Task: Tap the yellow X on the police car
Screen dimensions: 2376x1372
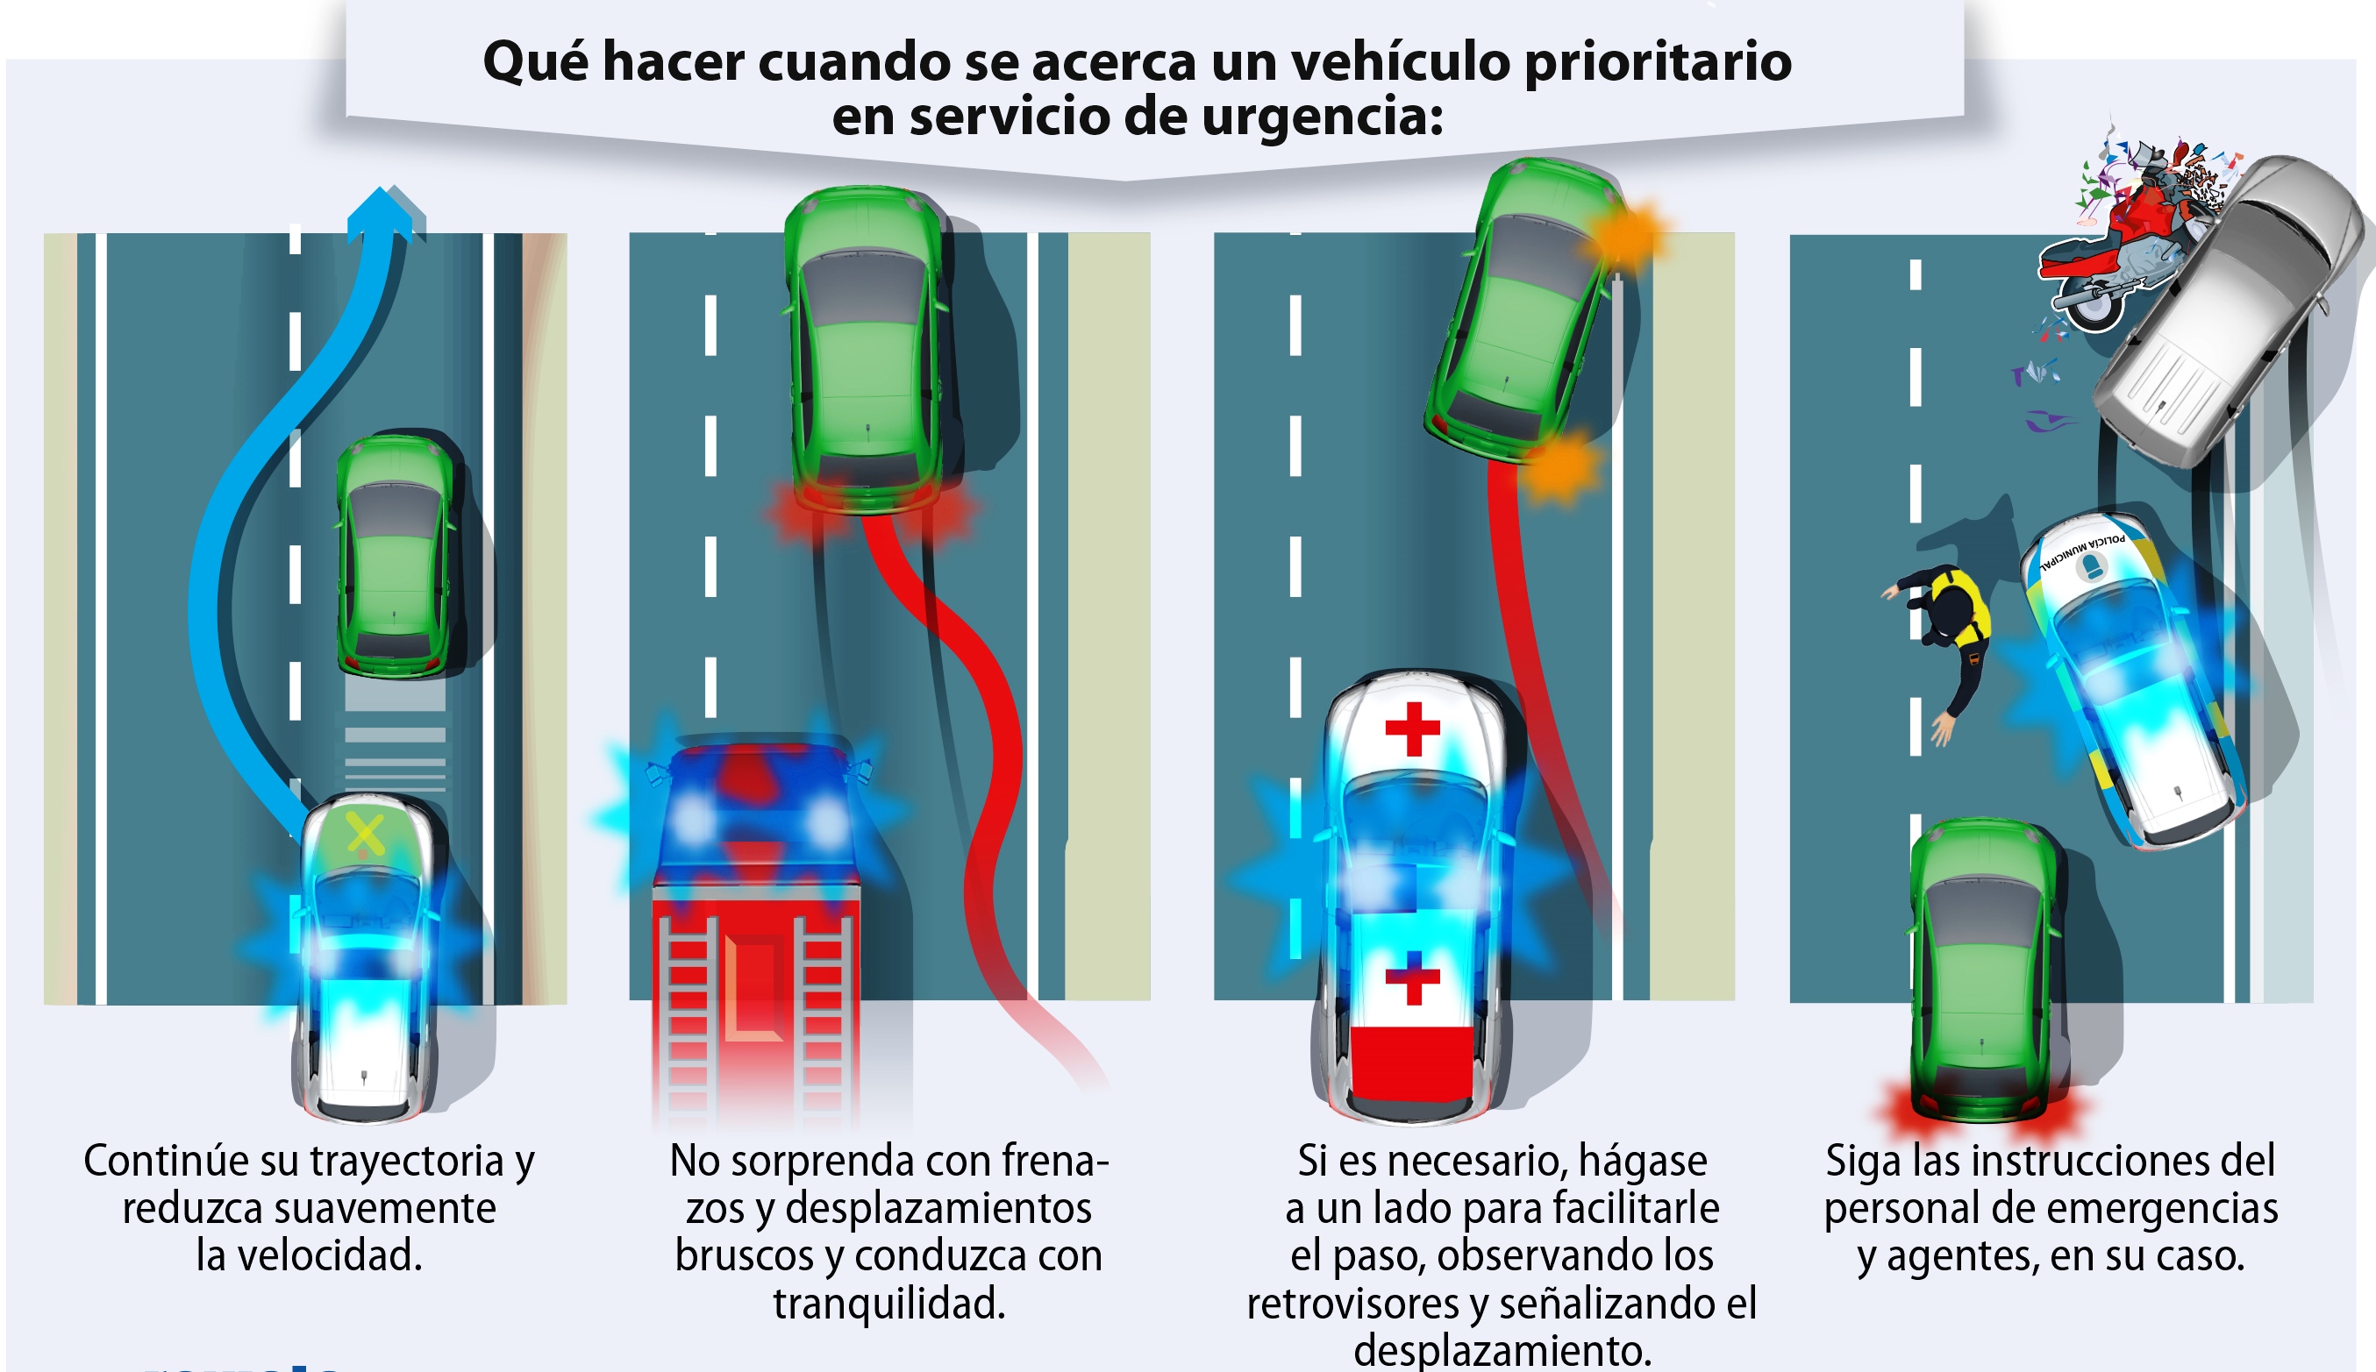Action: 365,834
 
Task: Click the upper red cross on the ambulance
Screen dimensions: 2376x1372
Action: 1413,729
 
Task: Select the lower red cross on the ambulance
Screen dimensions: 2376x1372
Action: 1413,978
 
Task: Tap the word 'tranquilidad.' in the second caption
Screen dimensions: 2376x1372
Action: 888,1304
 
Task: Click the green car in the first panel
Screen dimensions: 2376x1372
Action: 394,556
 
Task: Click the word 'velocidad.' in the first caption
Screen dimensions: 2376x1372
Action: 309,1256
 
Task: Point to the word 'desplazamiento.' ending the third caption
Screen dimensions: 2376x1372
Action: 1502,1351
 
